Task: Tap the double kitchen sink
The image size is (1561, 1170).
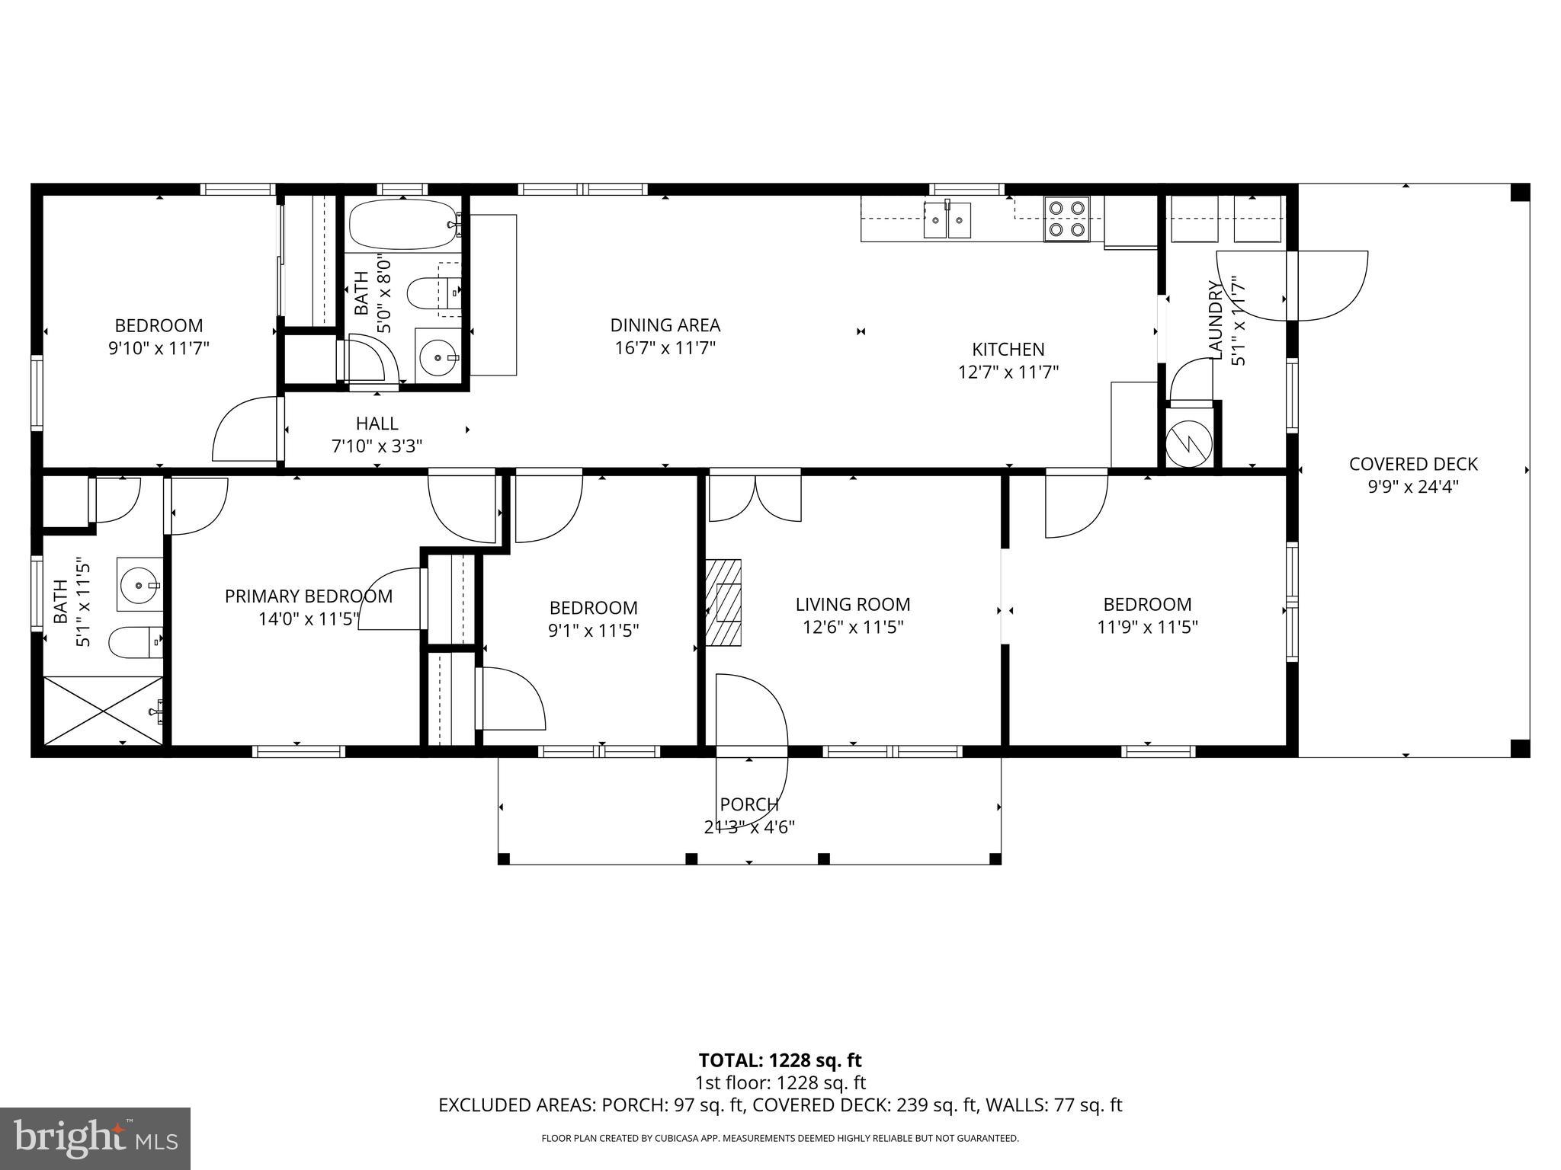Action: (947, 220)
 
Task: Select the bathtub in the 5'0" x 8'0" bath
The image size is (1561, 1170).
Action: (403, 224)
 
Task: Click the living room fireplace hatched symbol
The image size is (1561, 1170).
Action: (723, 603)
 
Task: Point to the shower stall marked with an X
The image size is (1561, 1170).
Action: (103, 710)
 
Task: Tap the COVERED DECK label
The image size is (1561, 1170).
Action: (1412, 464)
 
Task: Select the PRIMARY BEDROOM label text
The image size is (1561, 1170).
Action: (308, 596)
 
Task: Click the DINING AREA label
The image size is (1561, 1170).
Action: (665, 325)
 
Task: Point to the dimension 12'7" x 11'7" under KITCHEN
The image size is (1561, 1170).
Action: (1008, 372)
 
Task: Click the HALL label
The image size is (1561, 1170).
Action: (377, 424)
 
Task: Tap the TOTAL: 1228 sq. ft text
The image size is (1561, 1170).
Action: (780, 1060)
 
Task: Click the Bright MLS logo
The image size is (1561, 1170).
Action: (95, 1138)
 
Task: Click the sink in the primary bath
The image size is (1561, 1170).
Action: (139, 584)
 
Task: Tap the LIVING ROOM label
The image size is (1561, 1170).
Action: (852, 605)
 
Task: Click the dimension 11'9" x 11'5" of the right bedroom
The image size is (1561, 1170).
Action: (1147, 627)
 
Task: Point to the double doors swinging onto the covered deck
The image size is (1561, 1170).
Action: (1291, 286)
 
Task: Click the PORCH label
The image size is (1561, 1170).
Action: (749, 804)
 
